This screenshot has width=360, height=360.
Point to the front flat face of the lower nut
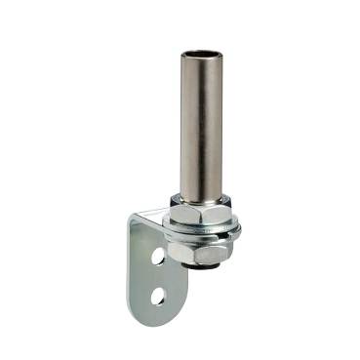pos(185,253)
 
